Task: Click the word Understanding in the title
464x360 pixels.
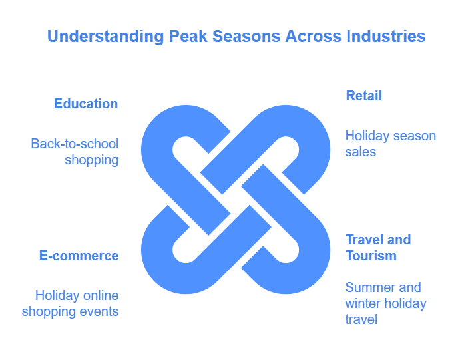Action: pos(106,37)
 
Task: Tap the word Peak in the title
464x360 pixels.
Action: pos(188,37)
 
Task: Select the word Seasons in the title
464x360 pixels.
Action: pos(246,37)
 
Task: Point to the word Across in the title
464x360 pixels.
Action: pos(313,37)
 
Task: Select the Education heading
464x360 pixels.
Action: pos(86,104)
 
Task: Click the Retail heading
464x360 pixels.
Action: pos(364,96)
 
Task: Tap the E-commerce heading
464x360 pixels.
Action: pos(79,256)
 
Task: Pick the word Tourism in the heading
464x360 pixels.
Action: pos(371,256)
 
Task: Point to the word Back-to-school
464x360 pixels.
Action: pos(75,144)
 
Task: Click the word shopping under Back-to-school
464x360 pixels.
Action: pos(92,160)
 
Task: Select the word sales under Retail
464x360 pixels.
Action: pos(360,152)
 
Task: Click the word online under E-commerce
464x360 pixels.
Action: pos(101,295)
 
